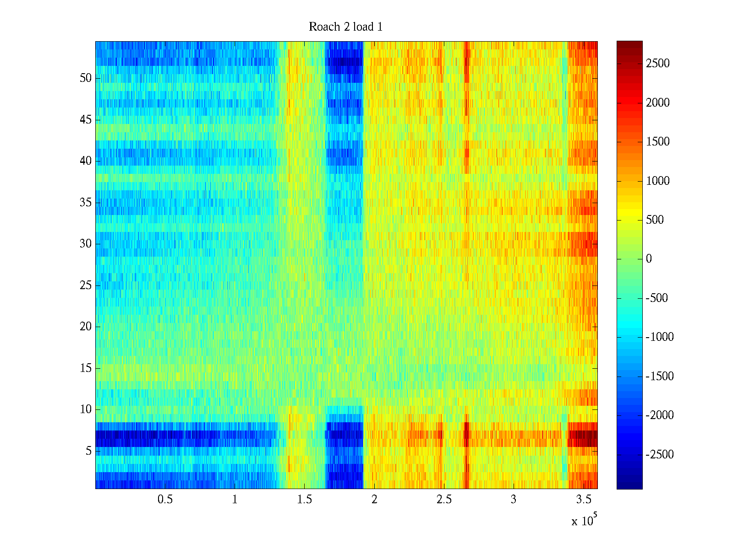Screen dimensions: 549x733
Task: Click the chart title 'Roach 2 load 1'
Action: click(345, 27)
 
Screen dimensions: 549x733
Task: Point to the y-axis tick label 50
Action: click(86, 78)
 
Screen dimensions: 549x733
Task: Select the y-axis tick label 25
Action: click(86, 285)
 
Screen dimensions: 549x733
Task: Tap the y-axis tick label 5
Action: click(88, 451)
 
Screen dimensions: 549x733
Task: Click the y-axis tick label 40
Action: click(86, 161)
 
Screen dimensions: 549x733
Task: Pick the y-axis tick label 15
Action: click(86, 368)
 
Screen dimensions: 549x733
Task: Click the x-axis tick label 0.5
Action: click(165, 500)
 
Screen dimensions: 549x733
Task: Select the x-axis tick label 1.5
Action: click(305, 500)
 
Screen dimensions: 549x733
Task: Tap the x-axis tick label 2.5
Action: click(444, 500)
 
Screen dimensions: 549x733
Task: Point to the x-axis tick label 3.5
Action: click(583, 500)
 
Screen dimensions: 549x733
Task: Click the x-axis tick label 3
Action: click(514, 500)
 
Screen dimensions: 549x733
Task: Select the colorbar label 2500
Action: click(658, 64)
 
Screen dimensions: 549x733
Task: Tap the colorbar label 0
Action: click(649, 259)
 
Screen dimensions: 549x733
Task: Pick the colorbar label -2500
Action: click(660, 455)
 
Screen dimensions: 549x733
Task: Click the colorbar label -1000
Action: click(660, 337)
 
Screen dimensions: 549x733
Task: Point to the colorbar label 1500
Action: click(658, 142)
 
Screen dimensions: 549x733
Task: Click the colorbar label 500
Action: click(655, 220)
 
